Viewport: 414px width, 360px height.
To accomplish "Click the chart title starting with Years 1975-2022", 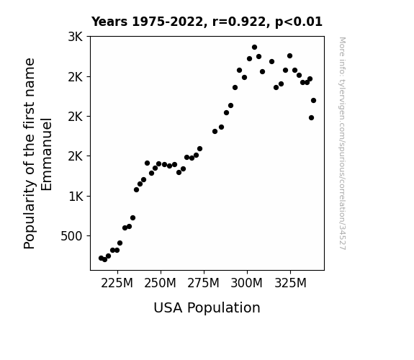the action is coord(207,22).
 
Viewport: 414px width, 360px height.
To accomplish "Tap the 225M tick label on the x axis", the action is coord(117,283).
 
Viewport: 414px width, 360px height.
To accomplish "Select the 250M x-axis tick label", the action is coord(160,283).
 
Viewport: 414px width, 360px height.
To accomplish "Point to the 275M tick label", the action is coord(203,283).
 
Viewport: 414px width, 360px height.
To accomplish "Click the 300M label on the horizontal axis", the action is coord(247,283).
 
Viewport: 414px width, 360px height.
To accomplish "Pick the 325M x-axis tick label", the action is coord(290,283).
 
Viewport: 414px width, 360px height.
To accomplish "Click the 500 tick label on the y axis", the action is coord(71,236).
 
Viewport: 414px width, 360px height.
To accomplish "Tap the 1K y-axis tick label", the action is coord(76,197).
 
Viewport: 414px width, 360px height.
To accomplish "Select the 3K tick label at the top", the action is coord(76,37).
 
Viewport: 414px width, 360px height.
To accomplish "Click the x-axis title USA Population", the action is coord(207,307).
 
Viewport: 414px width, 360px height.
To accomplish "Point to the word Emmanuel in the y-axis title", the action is coord(47,154).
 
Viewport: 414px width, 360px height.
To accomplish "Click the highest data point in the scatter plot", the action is coord(255,48).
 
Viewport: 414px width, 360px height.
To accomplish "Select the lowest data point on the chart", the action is coord(105,260).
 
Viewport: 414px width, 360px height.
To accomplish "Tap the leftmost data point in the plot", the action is coord(101,258).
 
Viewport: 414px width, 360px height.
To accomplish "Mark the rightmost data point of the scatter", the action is coord(313,100).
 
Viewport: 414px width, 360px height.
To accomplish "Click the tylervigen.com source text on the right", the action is coord(342,143).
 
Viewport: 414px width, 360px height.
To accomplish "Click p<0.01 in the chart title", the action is coord(299,22).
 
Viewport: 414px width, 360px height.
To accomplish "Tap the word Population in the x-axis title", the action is coord(224,308).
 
